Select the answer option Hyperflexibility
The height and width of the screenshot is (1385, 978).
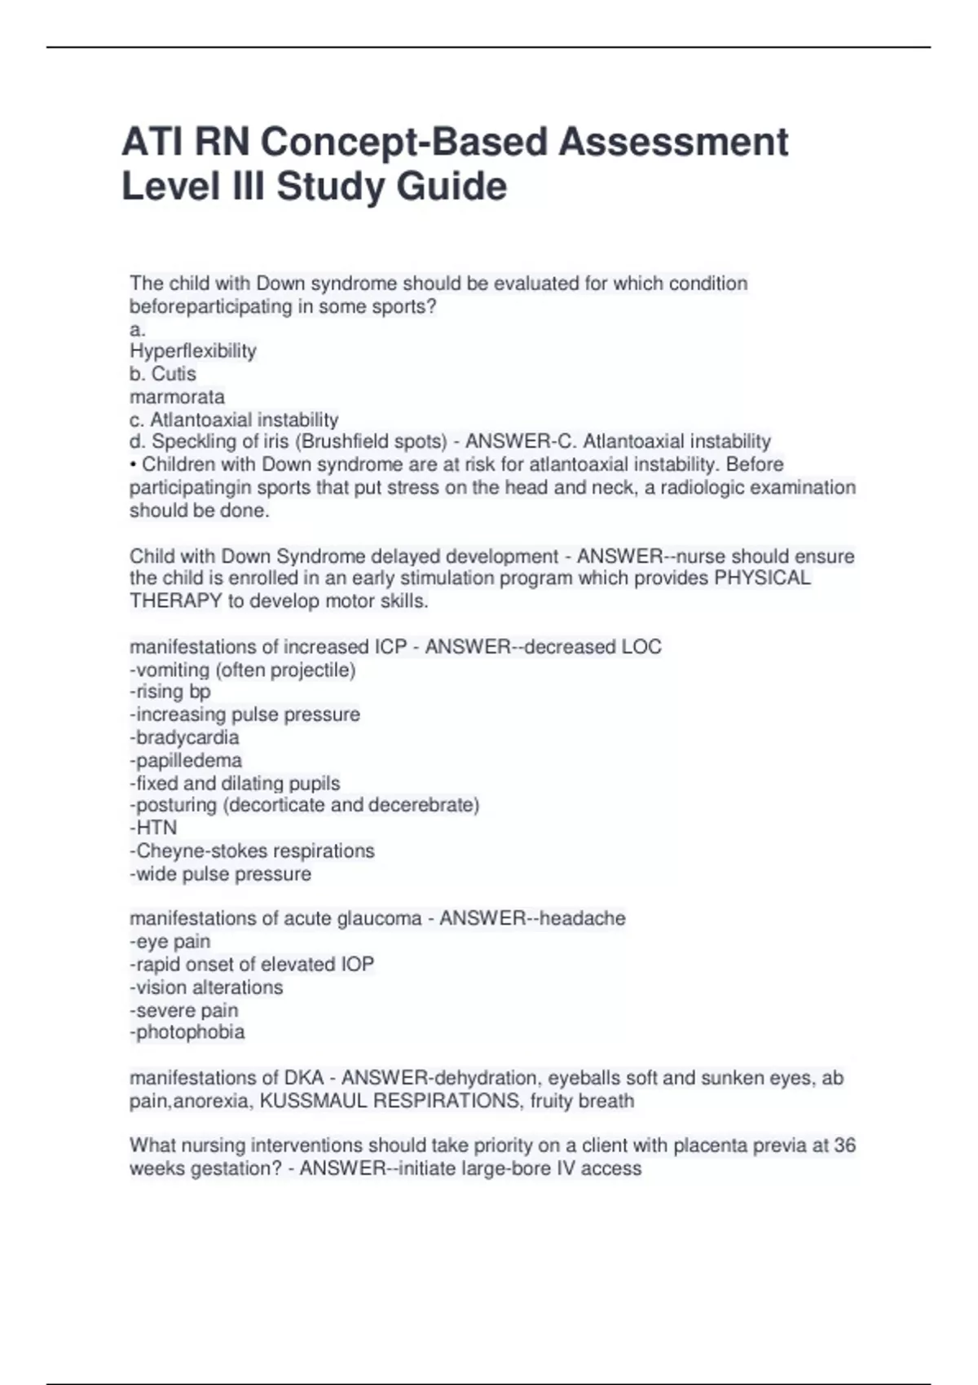pos(193,351)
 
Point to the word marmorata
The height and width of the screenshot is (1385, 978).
pos(177,397)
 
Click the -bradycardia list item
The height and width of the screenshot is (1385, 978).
pos(185,737)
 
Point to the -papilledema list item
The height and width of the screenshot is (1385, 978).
pos(186,760)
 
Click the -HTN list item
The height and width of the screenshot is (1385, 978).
pos(153,828)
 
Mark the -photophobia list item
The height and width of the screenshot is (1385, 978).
pos(187,1032)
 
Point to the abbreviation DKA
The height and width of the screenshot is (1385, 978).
pos(303,1078)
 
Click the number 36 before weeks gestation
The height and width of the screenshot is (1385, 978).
pos(844,1145)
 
